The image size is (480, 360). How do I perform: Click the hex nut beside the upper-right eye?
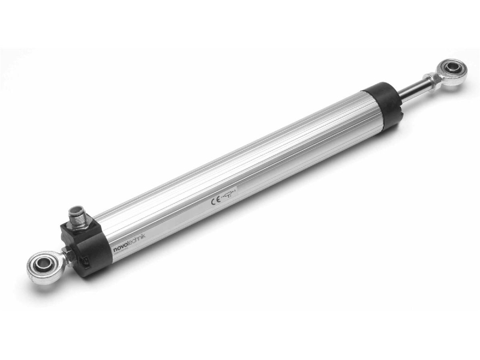coord(430,78)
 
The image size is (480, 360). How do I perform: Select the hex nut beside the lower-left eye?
coord(62,260)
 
